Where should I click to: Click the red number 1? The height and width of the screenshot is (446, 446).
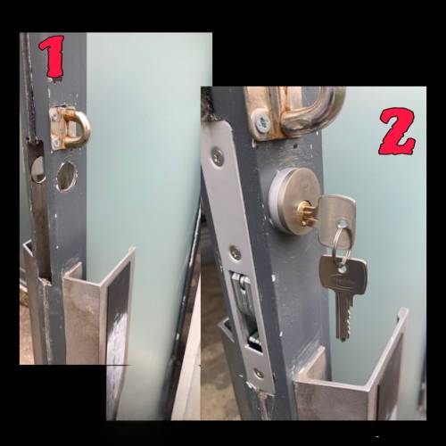pyautogui.click(x=54, y=56)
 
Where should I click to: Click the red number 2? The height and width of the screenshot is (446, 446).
pyautogui.click(x=397, y=132)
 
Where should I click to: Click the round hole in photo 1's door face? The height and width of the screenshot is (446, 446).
pyautogui.click(x=67, y=177)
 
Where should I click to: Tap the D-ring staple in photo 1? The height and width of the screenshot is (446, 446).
pyautogui.click(x=70, y=128)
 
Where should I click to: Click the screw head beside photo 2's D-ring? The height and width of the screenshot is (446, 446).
pyautogui.click(x=262, y=122)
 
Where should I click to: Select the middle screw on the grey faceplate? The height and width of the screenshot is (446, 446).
pyautogui.click(x=236, y=252)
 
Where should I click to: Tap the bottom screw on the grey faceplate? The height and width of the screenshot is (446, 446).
pyautogui.click(x=259, y=374)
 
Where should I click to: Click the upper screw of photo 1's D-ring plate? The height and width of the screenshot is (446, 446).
pyautogui.click(x=54, y=118)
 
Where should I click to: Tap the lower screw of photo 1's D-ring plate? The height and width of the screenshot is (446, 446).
pyautogui.click(x=54, y=144)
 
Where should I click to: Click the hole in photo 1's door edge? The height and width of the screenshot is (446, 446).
pyautogui.click(x=37, y=169)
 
